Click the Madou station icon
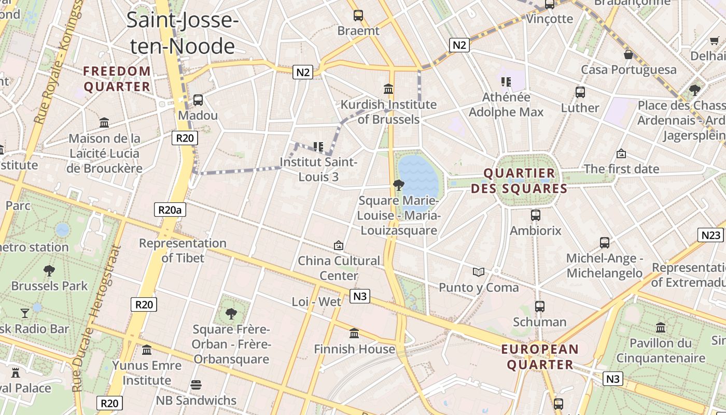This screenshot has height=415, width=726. (x=198, y=100)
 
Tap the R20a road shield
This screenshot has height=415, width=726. (x=170, y=210)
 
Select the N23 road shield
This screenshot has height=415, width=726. (x=710, y=235)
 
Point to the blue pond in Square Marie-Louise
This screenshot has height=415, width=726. (x=418, y=177)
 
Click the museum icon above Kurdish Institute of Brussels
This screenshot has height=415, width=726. (x=388, y=89)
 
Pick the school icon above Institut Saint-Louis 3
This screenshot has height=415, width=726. (x=318, y=147)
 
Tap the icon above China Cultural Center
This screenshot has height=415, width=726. (x=339, y=245)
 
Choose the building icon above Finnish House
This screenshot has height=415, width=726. (x=354, y=333)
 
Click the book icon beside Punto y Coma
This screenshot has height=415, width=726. (x=478, y=272)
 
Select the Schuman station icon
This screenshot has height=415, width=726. (x=540, y=307)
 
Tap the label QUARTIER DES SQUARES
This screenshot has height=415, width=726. (x=519, y=181)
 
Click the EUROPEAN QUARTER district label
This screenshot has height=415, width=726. (x=540, y=357)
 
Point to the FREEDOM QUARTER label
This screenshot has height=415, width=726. (x=117, y=79)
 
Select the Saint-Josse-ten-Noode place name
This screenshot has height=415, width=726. (x=182, y=33)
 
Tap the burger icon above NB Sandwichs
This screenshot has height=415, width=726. (x=196, y=385)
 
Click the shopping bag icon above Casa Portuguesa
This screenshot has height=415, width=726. (x=629, y=54)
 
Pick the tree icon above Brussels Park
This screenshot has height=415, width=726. (x=49, y=270)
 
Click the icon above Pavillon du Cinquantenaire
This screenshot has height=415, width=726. (x=661, y=328)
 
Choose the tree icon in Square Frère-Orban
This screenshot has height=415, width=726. (x=231, y=313)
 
